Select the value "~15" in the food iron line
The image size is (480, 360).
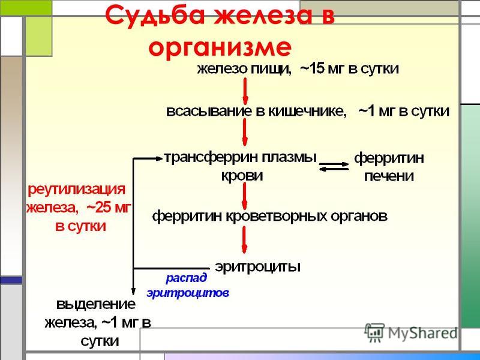[312, 68]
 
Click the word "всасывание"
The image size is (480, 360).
[209, 111]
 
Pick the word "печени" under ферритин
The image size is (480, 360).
[389, 176]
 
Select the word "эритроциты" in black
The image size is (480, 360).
[257, 266]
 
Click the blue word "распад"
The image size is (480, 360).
[186, 278]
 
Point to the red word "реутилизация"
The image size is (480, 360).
[77, 190]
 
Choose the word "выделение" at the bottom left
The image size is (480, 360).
[95, 305]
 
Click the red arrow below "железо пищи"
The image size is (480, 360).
[245, 91]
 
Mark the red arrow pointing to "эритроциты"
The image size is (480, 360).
[244, 239]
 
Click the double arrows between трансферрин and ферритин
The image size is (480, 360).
[334, 167]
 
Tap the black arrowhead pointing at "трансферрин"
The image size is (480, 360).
[159, 158]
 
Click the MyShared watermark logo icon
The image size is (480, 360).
[374, 332]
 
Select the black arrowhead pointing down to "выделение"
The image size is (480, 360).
[133, 291]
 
